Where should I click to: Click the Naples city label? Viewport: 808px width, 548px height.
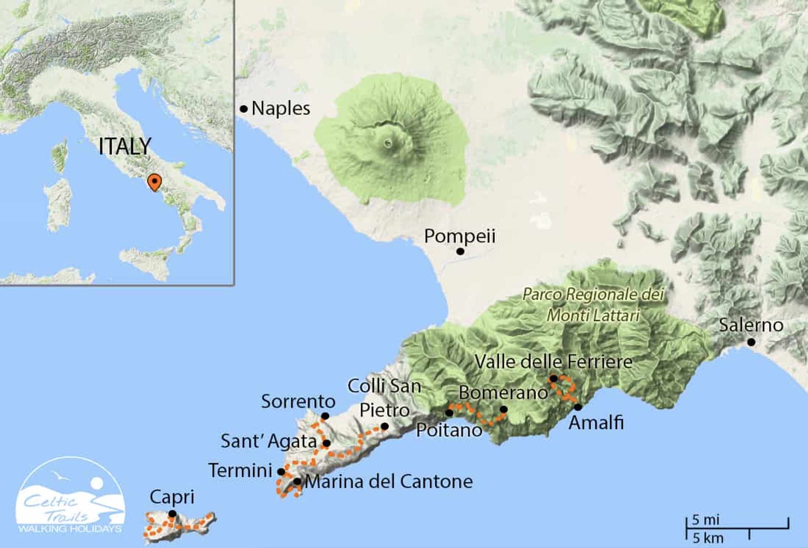281,109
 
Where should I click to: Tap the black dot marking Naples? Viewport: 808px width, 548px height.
244,109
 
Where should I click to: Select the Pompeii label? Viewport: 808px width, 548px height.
460,236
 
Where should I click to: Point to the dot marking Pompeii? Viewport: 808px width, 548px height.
460,251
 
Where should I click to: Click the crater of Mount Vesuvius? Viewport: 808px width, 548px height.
388,144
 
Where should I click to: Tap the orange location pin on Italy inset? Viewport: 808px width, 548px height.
155,182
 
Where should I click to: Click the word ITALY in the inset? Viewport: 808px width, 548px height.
125,146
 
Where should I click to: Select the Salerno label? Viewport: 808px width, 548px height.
751,325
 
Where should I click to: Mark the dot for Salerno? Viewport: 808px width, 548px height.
751,343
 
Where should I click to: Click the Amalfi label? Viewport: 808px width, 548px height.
596,423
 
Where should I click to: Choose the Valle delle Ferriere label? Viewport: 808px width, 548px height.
553,362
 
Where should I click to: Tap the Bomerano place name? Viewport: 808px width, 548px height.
503,393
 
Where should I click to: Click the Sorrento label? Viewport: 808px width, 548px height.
298,402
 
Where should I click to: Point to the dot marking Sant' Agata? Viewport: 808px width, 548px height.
327,443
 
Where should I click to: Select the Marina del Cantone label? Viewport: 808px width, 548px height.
388,481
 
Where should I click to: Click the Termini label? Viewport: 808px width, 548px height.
240,471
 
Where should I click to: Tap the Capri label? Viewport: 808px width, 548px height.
172,497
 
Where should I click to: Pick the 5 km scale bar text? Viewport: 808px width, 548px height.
708,538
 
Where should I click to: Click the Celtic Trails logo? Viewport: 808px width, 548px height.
70,497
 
